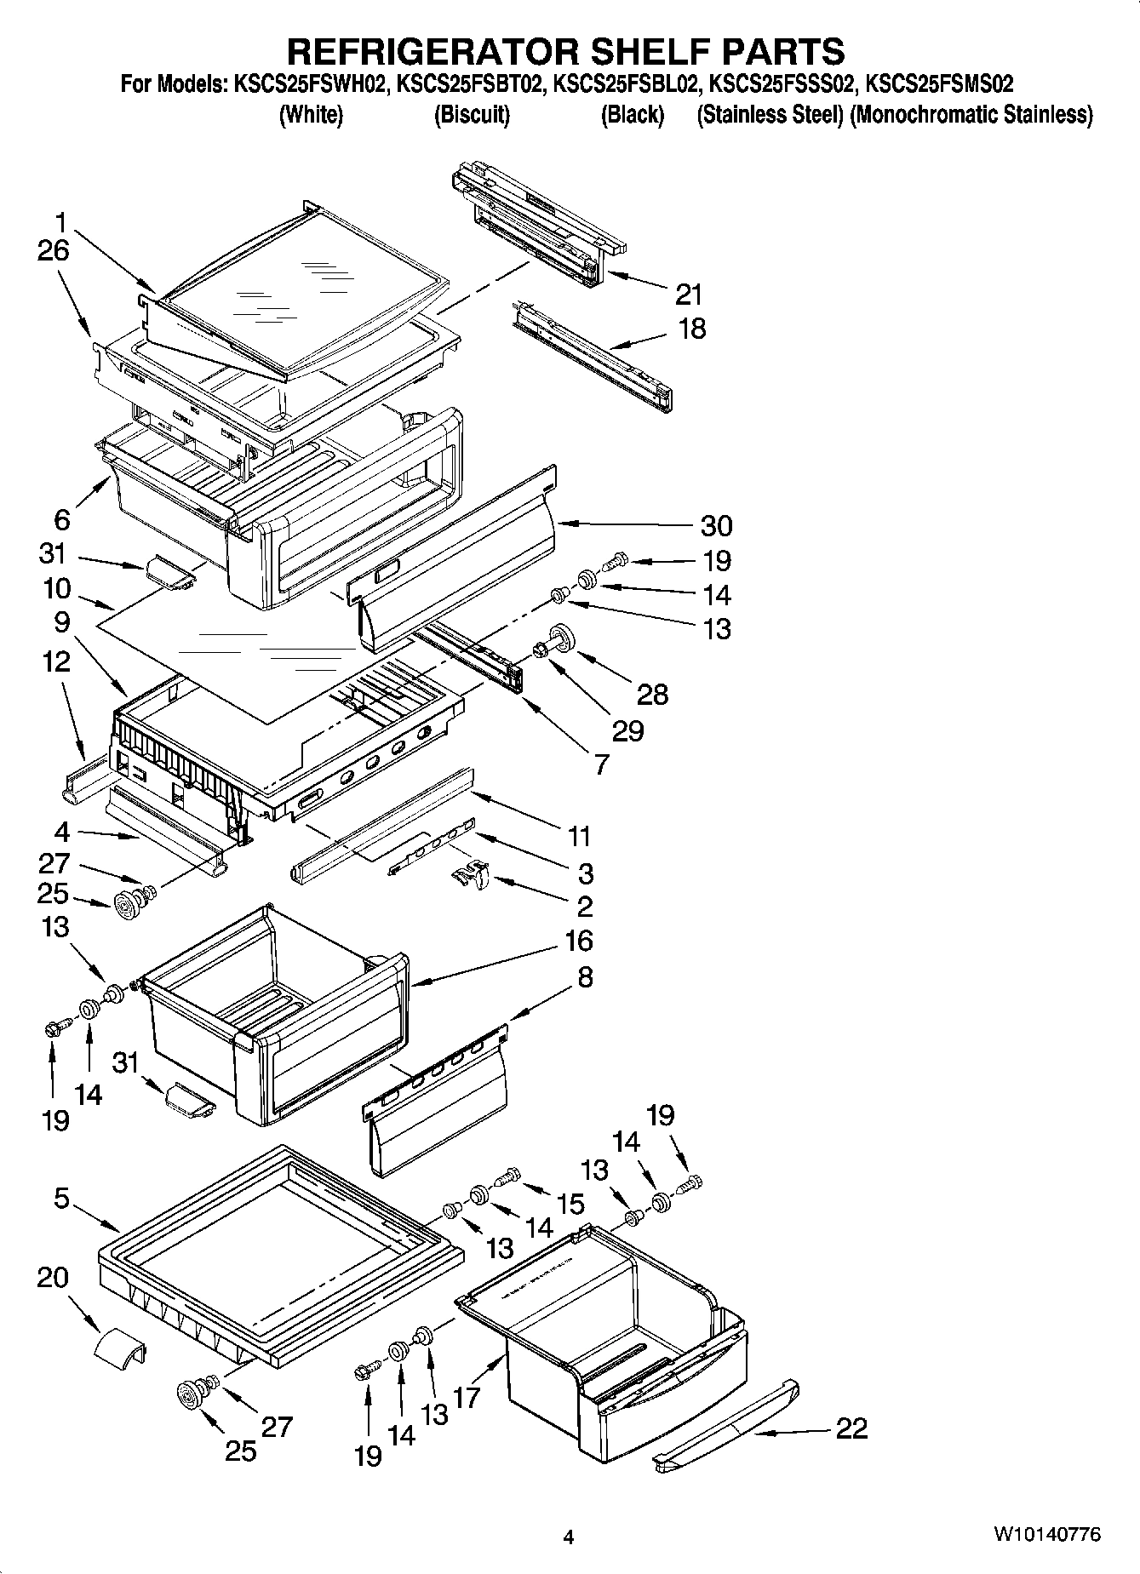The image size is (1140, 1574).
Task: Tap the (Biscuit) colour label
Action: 472,115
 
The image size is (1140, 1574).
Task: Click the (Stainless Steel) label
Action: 771,115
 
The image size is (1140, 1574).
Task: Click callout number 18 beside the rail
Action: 692,329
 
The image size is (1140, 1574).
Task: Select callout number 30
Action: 715,526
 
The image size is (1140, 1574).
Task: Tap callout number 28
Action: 653,694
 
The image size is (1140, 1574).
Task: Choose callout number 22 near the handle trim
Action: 851,1428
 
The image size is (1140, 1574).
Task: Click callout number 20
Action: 53,1279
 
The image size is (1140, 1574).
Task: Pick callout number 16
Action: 578,942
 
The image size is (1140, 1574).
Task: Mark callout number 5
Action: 60,1199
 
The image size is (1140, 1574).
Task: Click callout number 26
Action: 53,251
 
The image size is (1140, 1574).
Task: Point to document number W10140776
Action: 1046,1534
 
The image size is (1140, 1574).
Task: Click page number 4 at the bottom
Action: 569,1537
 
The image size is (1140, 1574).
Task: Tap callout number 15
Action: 570,1204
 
